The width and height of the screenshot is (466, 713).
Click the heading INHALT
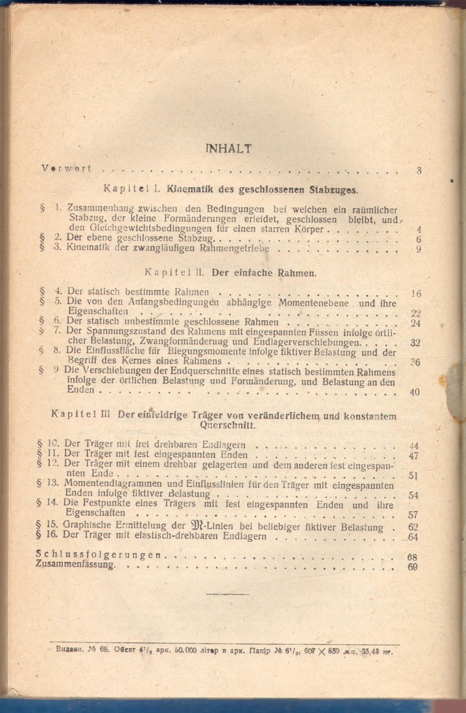point(229,149)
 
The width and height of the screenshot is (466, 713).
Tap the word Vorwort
point(66,168)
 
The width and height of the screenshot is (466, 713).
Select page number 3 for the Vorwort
point(419,171)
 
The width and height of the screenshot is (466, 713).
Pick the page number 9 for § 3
point(418,249)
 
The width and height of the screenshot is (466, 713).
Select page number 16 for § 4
point(416,293)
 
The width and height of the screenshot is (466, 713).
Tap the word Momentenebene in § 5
point(313,303)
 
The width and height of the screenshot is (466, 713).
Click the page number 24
point(415,323)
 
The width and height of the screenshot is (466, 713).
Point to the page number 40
point(415,392)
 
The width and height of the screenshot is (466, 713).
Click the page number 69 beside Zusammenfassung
point(413,567)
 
